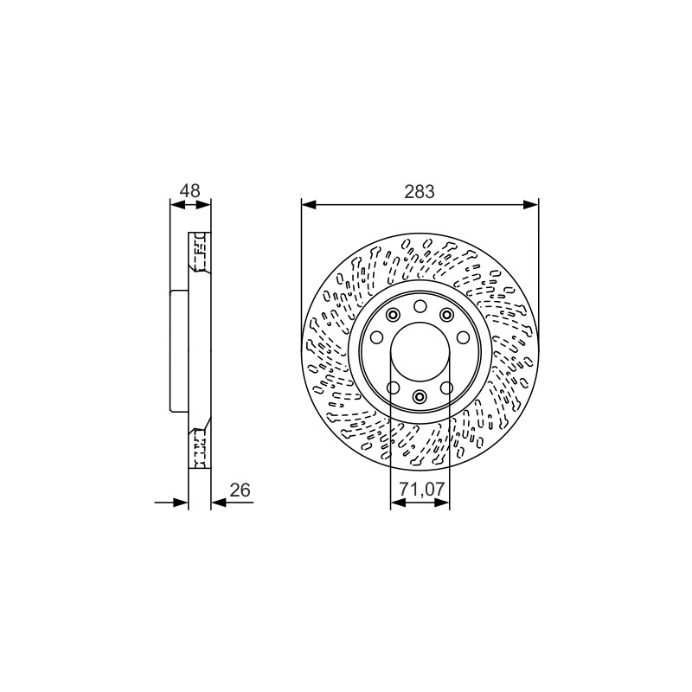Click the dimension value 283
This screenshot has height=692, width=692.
(420, 191)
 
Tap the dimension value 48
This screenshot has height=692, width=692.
(190, 190)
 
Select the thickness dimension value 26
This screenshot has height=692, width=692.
(240, 490)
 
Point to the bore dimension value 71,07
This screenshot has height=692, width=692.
(421, 490)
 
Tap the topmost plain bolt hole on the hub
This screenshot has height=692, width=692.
(420, 306)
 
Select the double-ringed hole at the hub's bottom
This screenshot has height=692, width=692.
(420, 396)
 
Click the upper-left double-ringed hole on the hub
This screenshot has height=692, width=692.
(393, 315)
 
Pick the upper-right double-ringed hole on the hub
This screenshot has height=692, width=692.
(447, 315)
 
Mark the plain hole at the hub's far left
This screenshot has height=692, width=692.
(376, 337)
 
